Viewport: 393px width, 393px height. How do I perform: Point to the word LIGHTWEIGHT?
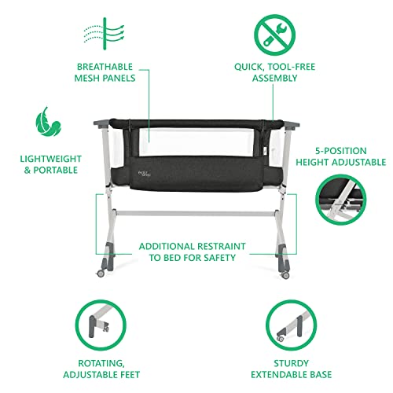pos(50,158)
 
